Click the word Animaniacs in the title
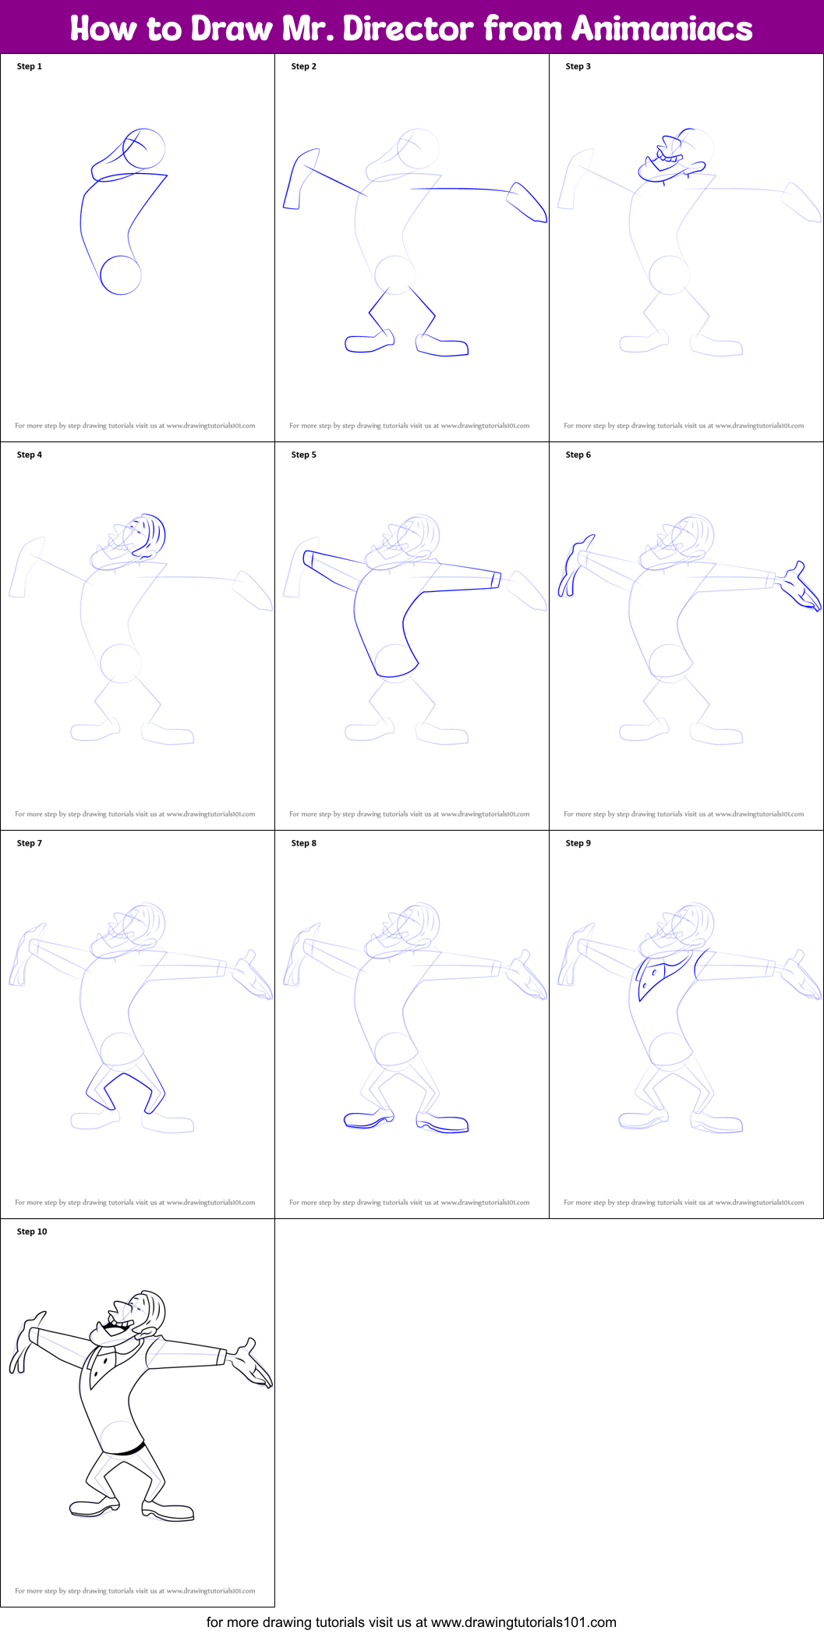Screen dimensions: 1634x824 (x=662, y=29)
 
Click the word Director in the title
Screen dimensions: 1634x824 (x=408, y=29)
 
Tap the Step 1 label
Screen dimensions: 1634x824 (x=30, y=66)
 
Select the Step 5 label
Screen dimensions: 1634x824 (x=304, y=455)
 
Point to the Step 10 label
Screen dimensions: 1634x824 (x=32, y=1232)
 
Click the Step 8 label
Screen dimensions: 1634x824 (x=304, y=843)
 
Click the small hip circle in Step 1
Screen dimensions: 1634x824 (x=121, y=275)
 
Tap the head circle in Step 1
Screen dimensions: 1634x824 (x=145, y=148)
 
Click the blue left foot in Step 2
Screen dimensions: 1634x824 (x=369, y=342)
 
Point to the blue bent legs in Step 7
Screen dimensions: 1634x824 (x=125, y=1088)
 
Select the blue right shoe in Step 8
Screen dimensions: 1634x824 (x=443, y=1124)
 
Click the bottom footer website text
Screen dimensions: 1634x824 (x=412, y=1622)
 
